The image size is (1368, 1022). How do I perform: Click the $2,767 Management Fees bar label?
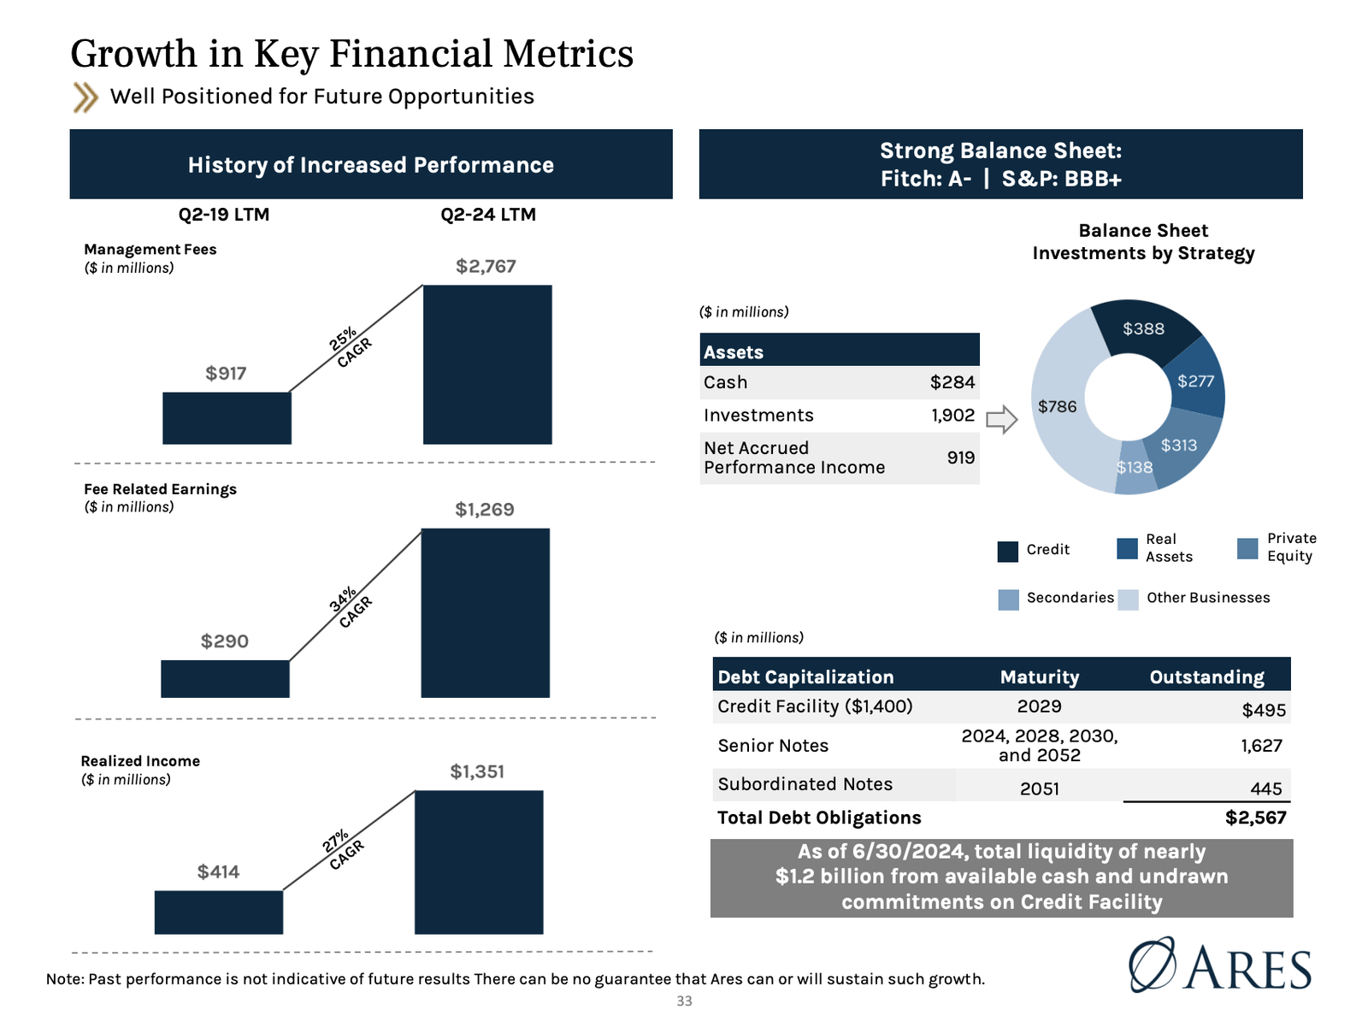(486, 266)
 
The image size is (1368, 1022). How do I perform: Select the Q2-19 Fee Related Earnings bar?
(225, 678)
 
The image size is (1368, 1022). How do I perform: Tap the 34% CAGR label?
(351, 607)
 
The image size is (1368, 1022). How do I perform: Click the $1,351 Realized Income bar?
(479, 861)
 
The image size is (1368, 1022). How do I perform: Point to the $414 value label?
(218, 871)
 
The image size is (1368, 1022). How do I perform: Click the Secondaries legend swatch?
(1008, 600)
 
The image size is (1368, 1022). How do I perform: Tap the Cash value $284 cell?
(952, 382)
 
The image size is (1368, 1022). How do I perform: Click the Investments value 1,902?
(952, 415)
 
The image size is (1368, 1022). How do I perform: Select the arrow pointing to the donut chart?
(1001, 420)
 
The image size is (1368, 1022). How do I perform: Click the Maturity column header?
(1039, 676)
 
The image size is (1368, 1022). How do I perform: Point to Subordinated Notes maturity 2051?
(1039, 789)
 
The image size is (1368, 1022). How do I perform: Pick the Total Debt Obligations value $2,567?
(1254, 818)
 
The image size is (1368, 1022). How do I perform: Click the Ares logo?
(1220, 966)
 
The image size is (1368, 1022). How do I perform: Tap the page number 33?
(684, 1001)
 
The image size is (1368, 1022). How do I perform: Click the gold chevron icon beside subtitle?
(85, 97)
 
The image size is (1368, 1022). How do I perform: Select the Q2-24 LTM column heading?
(488, 215)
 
